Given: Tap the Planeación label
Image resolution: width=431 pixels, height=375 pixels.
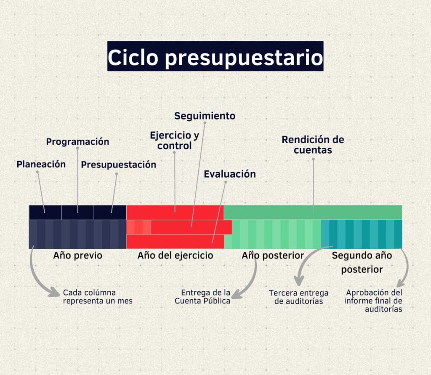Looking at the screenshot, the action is [x=41, y=164].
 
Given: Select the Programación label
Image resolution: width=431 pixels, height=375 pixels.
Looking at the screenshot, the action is [x=77, y=141].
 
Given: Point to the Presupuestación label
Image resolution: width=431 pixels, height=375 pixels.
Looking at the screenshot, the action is [x=118, y=165].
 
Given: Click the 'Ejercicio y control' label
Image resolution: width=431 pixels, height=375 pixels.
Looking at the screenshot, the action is [x=174, y=141].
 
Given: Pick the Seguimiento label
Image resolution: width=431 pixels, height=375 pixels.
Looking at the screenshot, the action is [x=205, y=116].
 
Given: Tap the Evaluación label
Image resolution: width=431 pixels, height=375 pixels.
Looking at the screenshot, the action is [x=230, y=174].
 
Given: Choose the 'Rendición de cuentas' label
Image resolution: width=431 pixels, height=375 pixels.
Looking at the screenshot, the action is [x=313, y=145].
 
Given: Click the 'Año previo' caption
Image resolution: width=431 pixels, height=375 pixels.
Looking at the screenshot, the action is [x=78, y=255].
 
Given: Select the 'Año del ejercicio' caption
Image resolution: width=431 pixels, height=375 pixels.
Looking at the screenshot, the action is [x=176, y=255].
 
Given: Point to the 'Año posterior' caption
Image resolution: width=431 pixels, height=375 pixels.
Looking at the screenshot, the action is [x=273, y=255].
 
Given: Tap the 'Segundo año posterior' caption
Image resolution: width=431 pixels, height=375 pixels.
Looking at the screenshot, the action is [x=362, y=262].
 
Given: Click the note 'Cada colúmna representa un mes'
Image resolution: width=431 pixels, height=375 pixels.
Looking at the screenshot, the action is [x=98, y=297].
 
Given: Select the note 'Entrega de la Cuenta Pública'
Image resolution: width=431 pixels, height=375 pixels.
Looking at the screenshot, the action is [x=202, y=297].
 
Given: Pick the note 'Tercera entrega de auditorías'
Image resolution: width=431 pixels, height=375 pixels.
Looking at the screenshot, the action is [x=298, y=297].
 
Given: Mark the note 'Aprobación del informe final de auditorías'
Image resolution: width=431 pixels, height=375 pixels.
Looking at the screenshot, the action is [x=373, y=301].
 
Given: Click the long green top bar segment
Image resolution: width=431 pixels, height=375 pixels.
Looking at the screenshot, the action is [x=313, y=212].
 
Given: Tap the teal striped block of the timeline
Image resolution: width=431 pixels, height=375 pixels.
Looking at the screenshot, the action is [x=362, y=234].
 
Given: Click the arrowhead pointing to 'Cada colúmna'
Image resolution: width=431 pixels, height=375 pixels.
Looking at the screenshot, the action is [x=54, y=292].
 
